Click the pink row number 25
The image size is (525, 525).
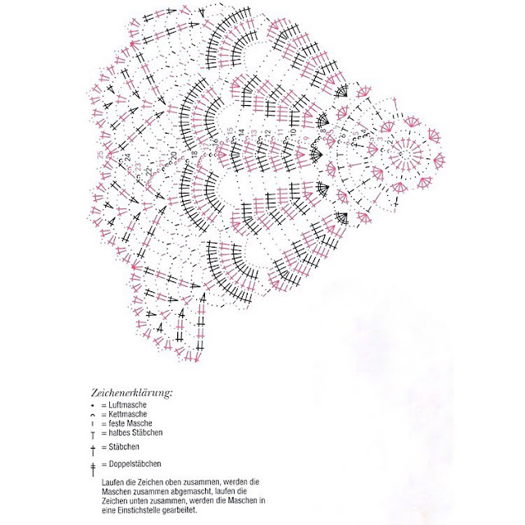(99, 154)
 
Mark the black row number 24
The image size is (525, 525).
(127, 156)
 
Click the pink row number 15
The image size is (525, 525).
(232, 131)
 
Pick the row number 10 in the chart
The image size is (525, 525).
(293, 131)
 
